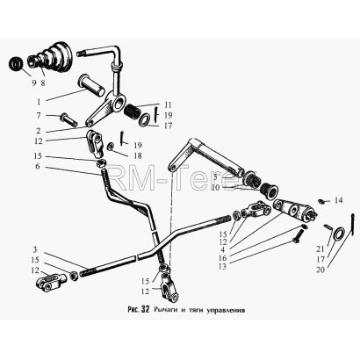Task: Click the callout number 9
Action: [x=34, y=83]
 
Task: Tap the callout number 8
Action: [x=43, y=83]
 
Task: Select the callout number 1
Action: [x=39, y=102]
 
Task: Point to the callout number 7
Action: [x=39, y=115]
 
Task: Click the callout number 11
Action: [x=169, y=104]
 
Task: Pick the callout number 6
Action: [x=38, y=167]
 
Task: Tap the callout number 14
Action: [x=339, y=200]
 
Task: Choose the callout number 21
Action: [x=320, y=248]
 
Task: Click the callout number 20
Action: [x=320, y=270]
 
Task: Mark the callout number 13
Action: [x=222, y=267]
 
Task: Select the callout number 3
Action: [x=35, y=249]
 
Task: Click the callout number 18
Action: [x=138, y=155]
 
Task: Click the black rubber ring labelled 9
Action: [x=17, y=64]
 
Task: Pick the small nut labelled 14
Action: [x=321, y=201]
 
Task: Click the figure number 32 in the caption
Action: [x=146, y=309]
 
